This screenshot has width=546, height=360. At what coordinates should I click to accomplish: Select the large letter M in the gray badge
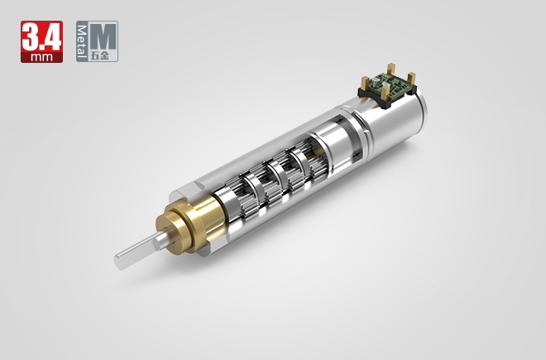point(104,36)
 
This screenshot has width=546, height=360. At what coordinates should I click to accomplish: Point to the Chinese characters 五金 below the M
point(104,55)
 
